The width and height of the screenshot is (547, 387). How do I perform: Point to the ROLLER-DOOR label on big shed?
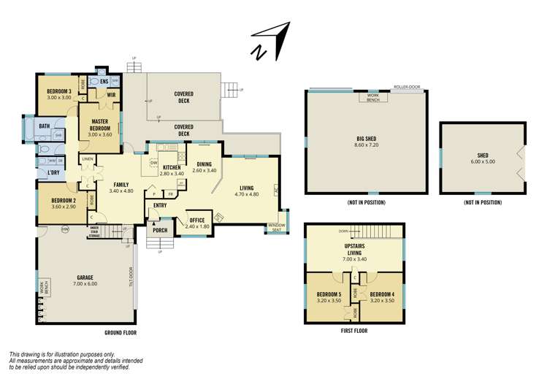tap(405, 87)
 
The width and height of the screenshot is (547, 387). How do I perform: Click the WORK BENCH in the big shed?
tap(372, 97)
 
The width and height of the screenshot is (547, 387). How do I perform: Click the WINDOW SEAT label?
tap(277, 226)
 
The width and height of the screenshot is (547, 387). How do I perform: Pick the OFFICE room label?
tap(196, 220)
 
